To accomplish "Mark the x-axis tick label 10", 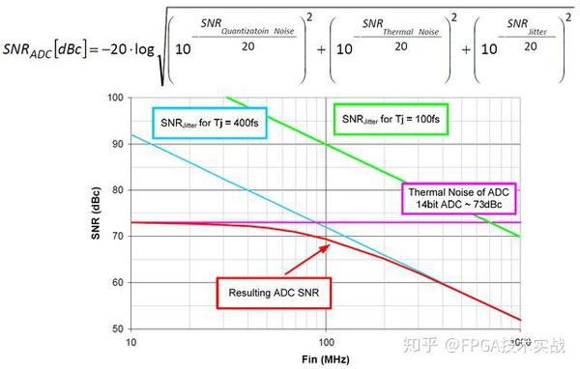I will tap(130, 343).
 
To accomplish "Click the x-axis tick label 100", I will tap(327, 343).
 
